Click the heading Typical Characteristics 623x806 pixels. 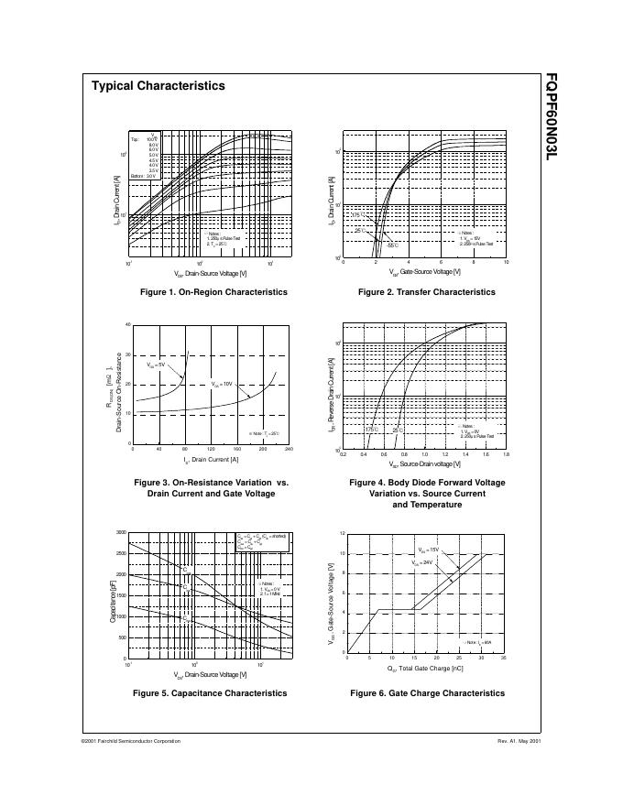tap(158, 86)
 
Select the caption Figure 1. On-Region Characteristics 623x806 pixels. tap(213, 292)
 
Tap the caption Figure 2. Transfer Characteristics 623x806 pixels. tap(427, 292)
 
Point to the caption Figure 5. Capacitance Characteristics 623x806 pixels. tap(213, 693)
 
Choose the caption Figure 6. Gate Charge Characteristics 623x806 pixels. tap(427, 693)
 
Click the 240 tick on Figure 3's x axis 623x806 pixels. tap(289, 450)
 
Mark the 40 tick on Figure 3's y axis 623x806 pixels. tap(128, 324)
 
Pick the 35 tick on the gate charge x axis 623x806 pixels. tap(504, 659)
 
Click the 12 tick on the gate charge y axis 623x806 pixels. tap(342, 533)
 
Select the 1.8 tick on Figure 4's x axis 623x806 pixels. tap(506, 455)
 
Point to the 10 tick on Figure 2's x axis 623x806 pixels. tap(506, 262)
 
